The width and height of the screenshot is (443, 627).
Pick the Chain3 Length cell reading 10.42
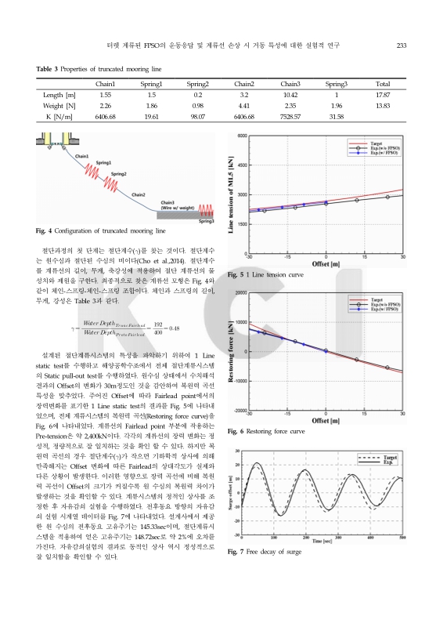pos(290,93)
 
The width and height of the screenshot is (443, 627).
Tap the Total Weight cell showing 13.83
pos(383,104)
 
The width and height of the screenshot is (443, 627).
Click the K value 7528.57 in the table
pos(290,115)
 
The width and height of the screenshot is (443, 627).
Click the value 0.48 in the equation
pos(175,328)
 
